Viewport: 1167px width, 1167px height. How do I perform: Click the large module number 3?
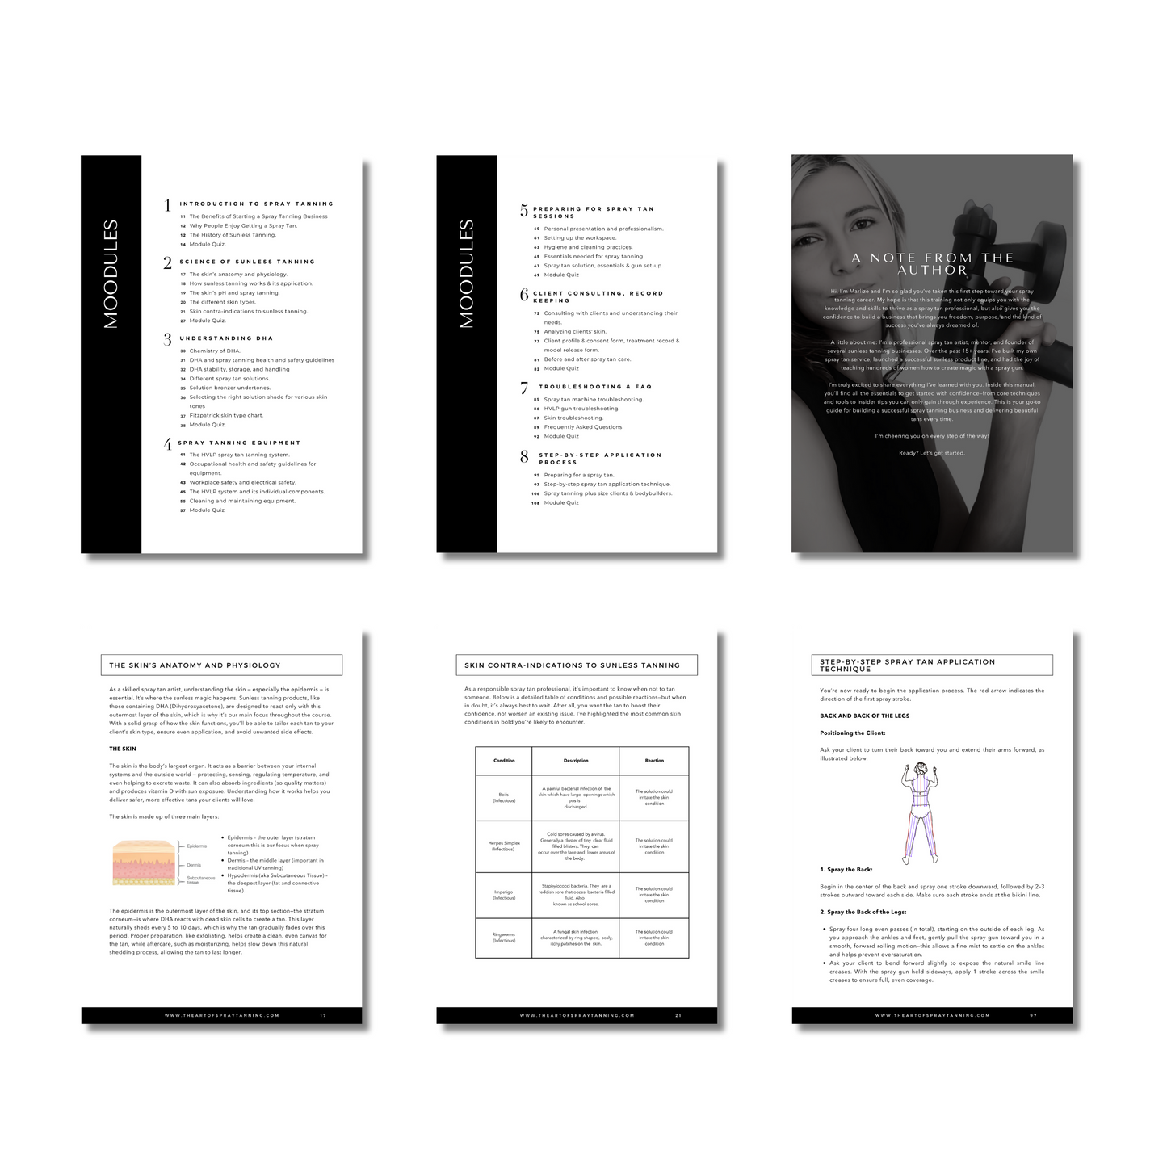pos(167,340)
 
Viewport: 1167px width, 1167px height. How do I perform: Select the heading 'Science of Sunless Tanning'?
pos(247,262)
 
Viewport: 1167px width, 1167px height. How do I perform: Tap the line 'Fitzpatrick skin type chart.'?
pos(226,415)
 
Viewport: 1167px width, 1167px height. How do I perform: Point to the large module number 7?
pos(524,388)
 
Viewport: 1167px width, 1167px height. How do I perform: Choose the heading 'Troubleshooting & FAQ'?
pos(595,387)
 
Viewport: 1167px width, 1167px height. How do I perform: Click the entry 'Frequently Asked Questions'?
pos(582,427)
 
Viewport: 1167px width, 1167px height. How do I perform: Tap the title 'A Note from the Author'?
pos(933,264)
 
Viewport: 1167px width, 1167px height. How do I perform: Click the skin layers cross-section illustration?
pos(144,863)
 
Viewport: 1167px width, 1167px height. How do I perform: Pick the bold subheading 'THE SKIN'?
pos(123,749)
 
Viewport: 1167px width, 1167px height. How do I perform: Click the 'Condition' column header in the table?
pos(504,761)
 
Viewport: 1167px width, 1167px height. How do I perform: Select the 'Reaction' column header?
pos(654,761)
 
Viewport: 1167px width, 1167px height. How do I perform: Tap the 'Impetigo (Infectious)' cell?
pos(504,895)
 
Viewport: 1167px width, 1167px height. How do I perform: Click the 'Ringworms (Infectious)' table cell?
pos(504,938)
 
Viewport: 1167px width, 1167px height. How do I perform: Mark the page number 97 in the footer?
pos(1033,1016)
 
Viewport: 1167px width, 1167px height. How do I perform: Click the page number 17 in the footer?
pos(323,1016)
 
